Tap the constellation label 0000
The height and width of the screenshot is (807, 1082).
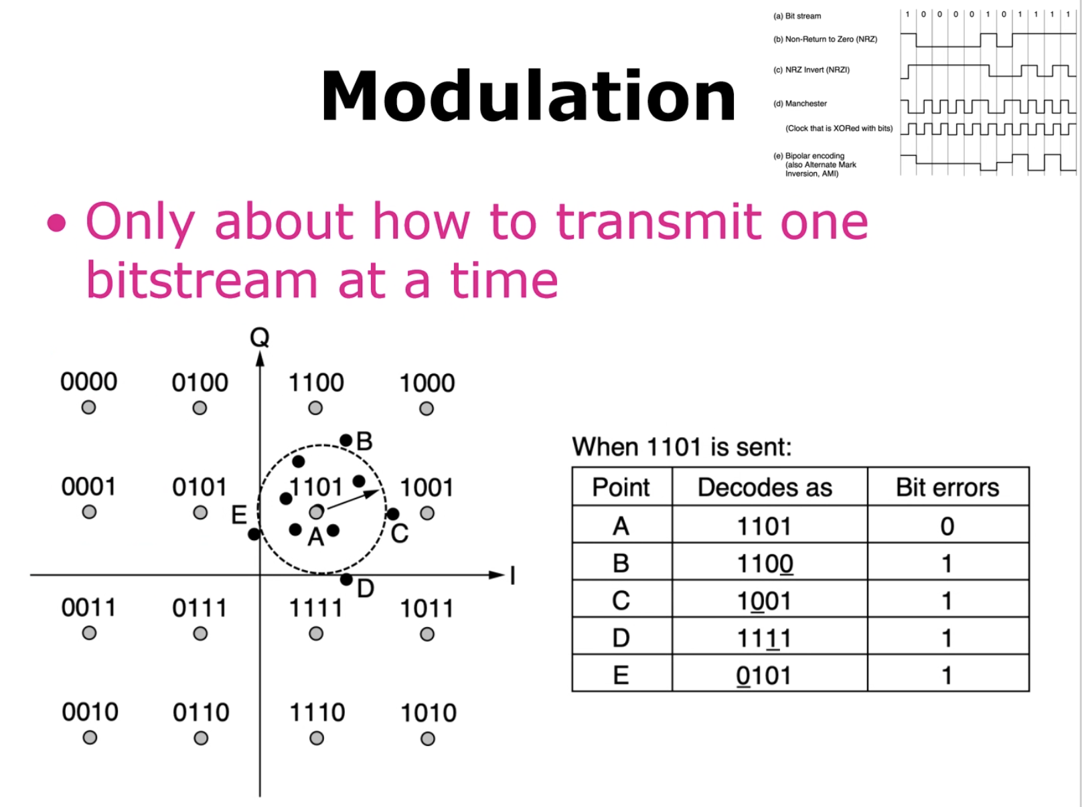[89, 381]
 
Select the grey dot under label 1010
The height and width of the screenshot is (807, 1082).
[427, 739]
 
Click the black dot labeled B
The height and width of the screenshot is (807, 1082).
[346, 440]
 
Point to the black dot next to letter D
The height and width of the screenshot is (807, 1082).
[347, 580]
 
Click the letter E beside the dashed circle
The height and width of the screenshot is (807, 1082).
[239, 515]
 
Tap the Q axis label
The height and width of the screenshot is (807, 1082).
[260, 337]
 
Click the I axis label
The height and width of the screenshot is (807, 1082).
[513, 575]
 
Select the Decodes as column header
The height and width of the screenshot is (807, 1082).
[765, 487]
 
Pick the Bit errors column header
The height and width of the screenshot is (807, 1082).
[947, 487]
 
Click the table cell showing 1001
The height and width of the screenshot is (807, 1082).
[765, 601]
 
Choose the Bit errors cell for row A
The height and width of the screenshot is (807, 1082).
[947, 526]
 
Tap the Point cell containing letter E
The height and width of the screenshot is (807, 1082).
[621, 675]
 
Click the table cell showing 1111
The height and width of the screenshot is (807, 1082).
[765, 638]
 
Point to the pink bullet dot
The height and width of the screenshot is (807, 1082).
[57, 223]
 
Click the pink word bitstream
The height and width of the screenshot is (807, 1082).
[202, 280]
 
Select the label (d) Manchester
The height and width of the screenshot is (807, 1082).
[800, 104]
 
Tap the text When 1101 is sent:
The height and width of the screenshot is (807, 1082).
[682, 447]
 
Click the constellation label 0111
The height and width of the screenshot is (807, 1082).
[200, 608]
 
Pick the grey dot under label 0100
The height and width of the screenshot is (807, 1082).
[200, 408]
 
